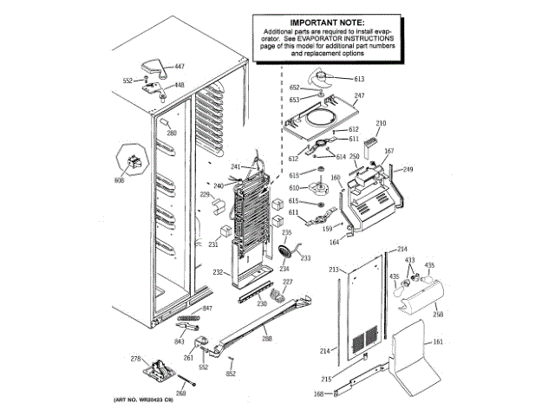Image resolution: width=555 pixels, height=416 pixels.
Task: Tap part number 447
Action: (x=180, y=67)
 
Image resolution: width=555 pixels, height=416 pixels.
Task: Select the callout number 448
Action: (x=180, y=85)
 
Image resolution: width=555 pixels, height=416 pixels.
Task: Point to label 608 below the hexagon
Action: (x=120, y=179)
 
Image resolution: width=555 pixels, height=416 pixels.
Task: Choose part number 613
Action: (x=359, y=79)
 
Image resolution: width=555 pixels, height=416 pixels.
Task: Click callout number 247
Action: (x=360, y=94)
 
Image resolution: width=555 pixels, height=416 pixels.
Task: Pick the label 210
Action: (x=381, y=124)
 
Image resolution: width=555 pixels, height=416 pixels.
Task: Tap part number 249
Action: (x=408, y=169)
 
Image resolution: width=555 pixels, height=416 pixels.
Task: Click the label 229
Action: (x=205, y=195)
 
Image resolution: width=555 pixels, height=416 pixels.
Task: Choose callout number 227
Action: (x=288, y=283)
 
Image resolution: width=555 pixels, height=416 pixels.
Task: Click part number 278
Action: (x=135, y=359)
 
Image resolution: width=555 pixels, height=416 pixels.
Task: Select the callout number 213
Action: (x=332, y=271)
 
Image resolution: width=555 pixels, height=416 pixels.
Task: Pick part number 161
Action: (x=437, y=343)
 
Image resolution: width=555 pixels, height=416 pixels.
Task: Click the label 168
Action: (x=317, y=394)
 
